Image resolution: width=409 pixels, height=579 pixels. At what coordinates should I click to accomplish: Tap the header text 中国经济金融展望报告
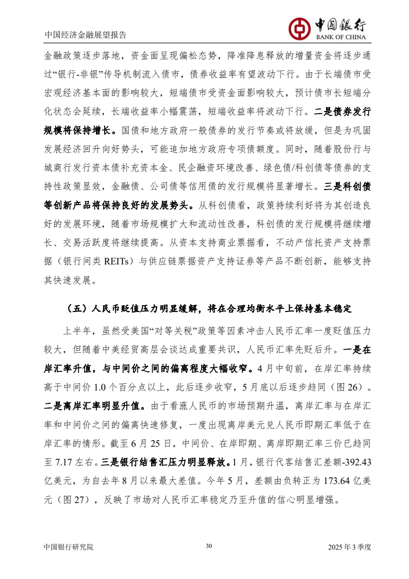click(x=85, y=35)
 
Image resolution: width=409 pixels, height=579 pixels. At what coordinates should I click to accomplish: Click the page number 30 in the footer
click(x=209, y=546)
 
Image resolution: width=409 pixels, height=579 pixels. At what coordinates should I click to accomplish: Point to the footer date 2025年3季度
click(x=350, y=547)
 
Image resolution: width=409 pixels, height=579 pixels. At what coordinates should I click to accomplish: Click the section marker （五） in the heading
click(x=77, y=309)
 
